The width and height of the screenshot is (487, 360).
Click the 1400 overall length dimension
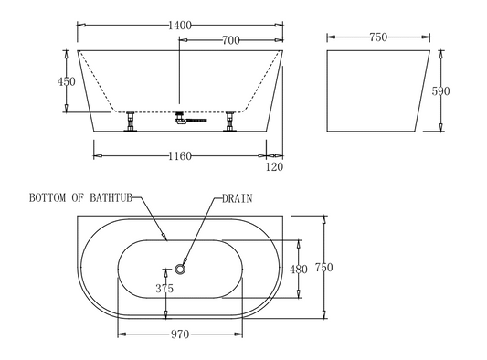[x=179, y=26]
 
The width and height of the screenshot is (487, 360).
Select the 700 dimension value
[x=230, y=40]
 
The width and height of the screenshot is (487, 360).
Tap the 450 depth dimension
[x=66, y=82]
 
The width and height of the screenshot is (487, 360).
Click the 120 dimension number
[x=274, y=167]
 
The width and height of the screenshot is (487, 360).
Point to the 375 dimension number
[x=164, y=289]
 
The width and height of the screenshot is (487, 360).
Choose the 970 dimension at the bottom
[x=179, y=334]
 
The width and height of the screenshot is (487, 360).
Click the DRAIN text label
[x=235, y=197]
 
